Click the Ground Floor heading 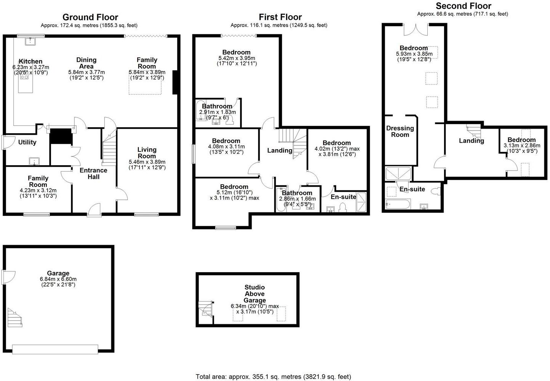click(x=90, y=17)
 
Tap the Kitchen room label click(x=30, y=61)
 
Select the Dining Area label click(x=87, y=63)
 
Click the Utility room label click(x=27, y=142)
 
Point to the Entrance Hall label click(x=93, y=174)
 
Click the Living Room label click(x=147, y=153)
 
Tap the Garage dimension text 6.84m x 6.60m click(x=58, y=279)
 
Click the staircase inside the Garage click(x=14, y=317)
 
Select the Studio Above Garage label click(x=255, y=294)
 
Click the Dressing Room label click(x=400, y=131)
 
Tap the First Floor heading click(x=280, y=17)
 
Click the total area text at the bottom click(x=273, y=377)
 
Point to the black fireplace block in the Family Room click(x=175, y=82)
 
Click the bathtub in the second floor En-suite click(x=398, y=204)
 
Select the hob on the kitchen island click(x=24, y=77)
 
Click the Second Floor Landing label click(x=471, y=141)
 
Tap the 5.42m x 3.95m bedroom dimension click(x=237, y=58)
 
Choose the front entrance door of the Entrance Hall click(x=94, y=210)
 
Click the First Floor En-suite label click(x=343, y=197)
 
